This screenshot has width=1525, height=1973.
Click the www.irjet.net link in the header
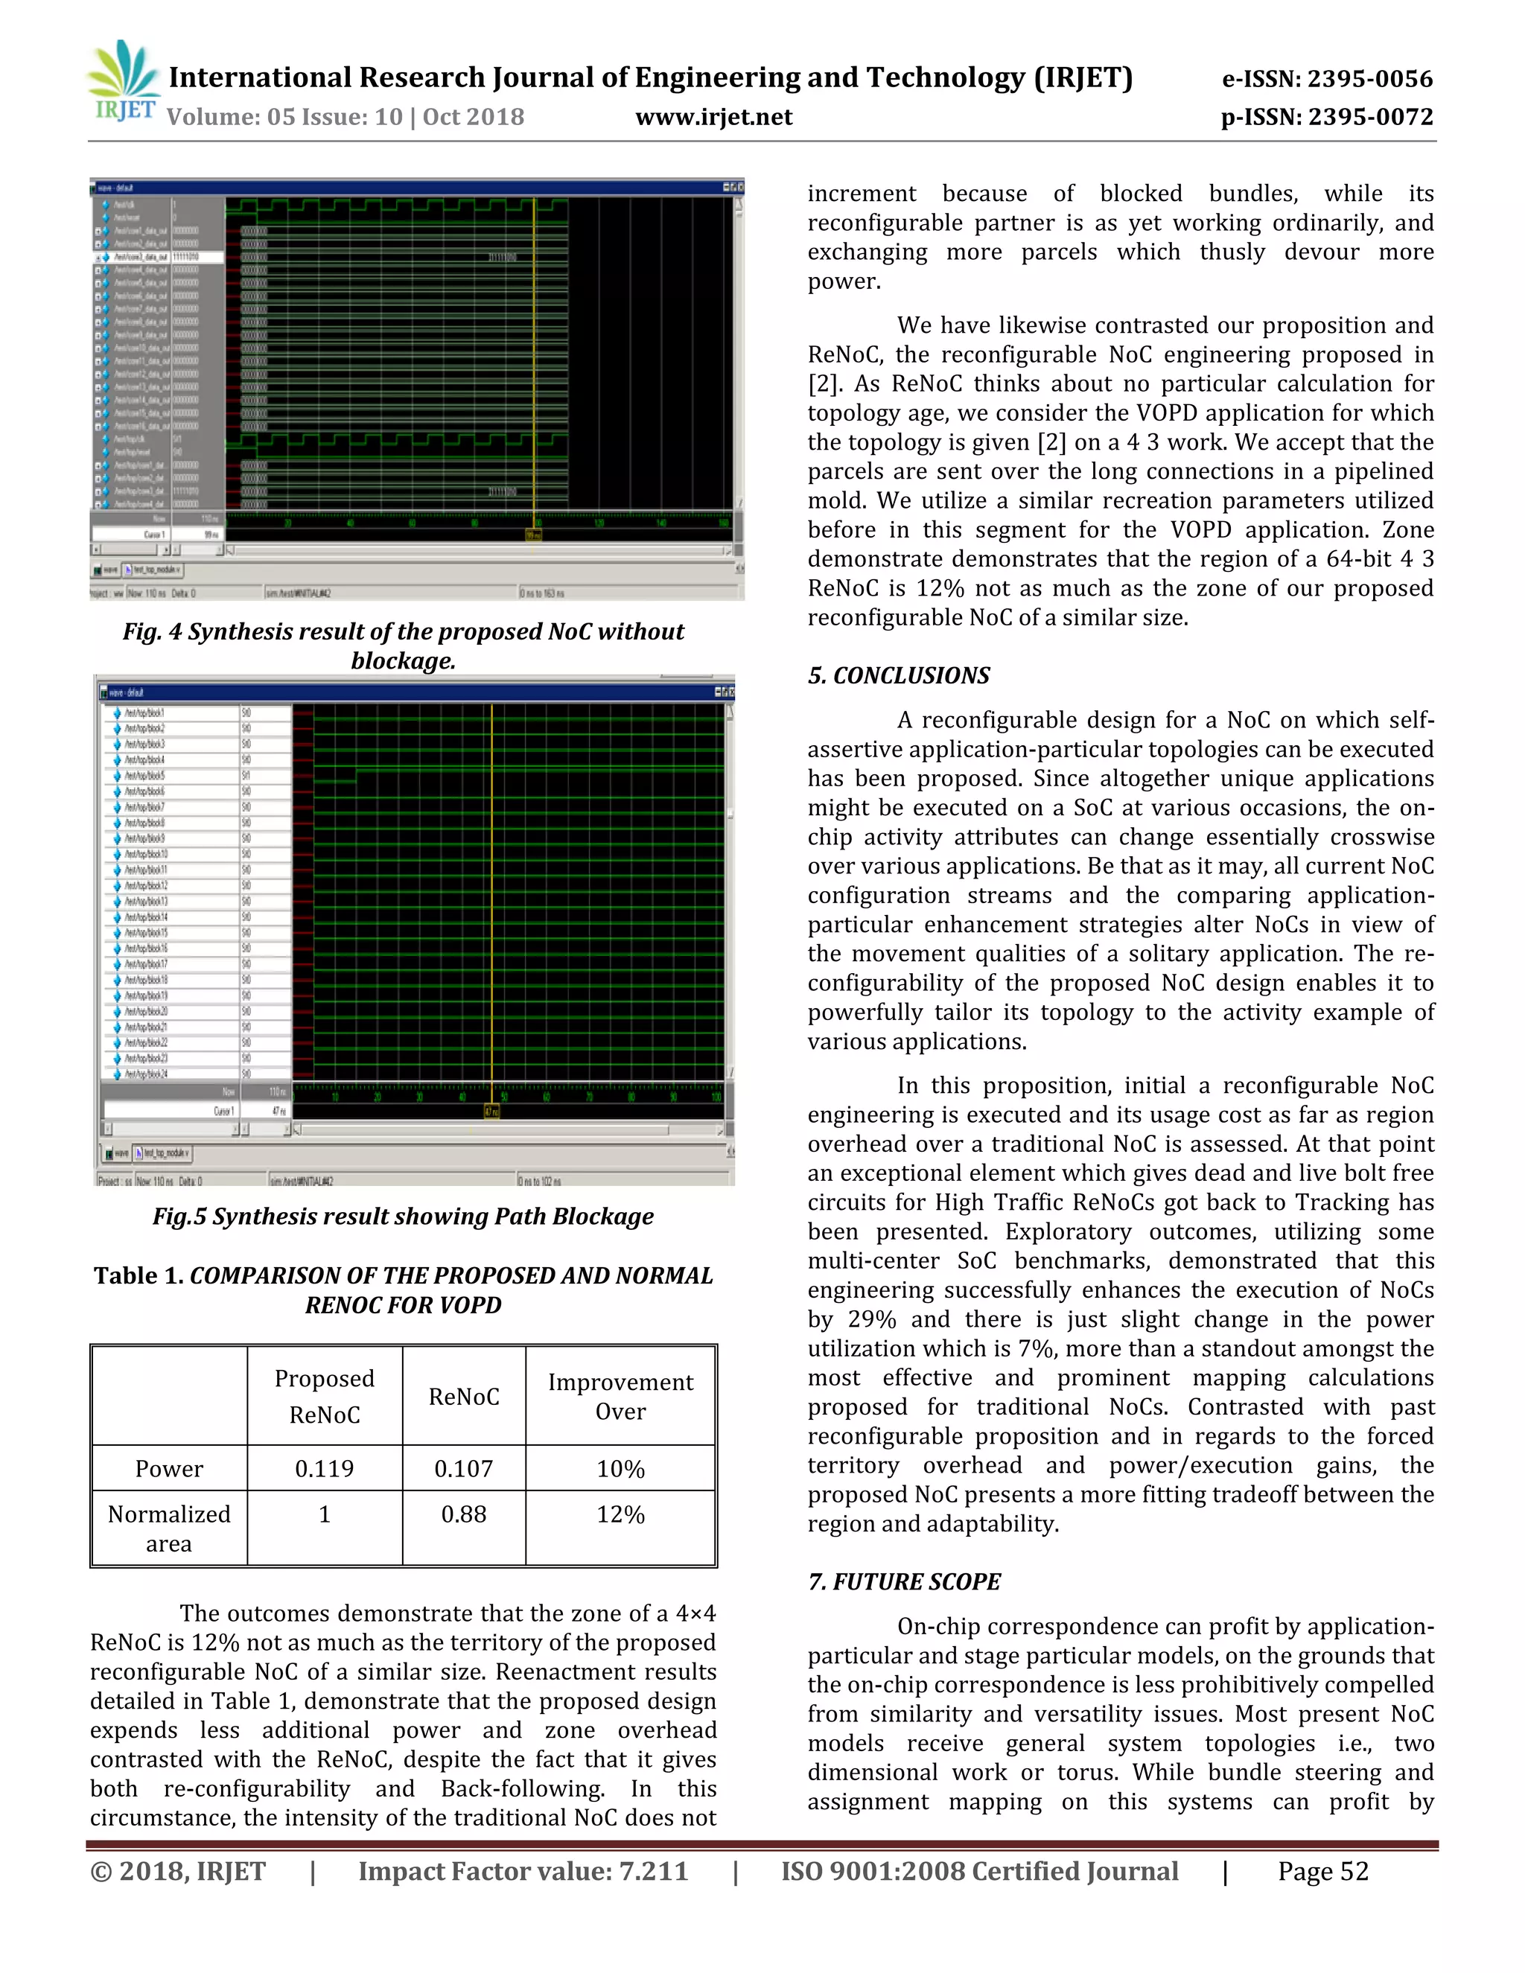point(713,118)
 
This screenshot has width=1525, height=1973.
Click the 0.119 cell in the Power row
point(325,1469)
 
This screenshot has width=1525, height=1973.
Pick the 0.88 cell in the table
point(463,1514)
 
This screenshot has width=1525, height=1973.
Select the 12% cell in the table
point(621,1514)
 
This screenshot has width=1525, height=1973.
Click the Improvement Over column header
point(621,1397)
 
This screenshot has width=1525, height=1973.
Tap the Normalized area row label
point(169,1529)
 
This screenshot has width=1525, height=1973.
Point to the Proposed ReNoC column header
point(325,1397)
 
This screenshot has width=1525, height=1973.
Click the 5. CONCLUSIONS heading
point(898,676)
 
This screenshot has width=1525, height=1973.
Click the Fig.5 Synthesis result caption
point(403,1217)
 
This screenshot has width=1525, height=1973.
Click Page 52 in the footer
point(1322,1871)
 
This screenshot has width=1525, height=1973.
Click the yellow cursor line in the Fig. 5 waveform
point(491,903)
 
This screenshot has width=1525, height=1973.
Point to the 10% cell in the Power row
point(621,1469)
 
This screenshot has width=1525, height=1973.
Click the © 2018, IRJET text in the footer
point(178,1871)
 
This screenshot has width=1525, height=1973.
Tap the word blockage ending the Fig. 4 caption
point(403,661)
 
